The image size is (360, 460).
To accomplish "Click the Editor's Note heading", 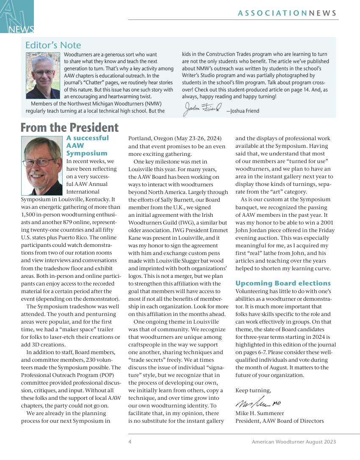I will (x=53, y=45).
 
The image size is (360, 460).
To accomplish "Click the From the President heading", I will (x=69, y=127).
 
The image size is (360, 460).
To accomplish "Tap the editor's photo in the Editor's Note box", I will (x=43, y=75).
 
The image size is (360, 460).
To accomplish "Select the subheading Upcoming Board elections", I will (x=283, y=283).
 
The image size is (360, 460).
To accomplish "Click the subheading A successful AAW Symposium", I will (x=87, y=145).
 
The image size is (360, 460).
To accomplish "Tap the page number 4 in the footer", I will (x=130, y=442).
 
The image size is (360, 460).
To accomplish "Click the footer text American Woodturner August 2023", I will (x=294, y=442).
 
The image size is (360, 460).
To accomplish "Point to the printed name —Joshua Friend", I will (x=243, y=111).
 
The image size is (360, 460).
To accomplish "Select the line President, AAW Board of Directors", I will (x=280, y=421).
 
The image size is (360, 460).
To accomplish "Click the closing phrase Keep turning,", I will (x=253, y=390).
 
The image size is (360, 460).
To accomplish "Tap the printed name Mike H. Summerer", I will (x=260, y=413).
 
